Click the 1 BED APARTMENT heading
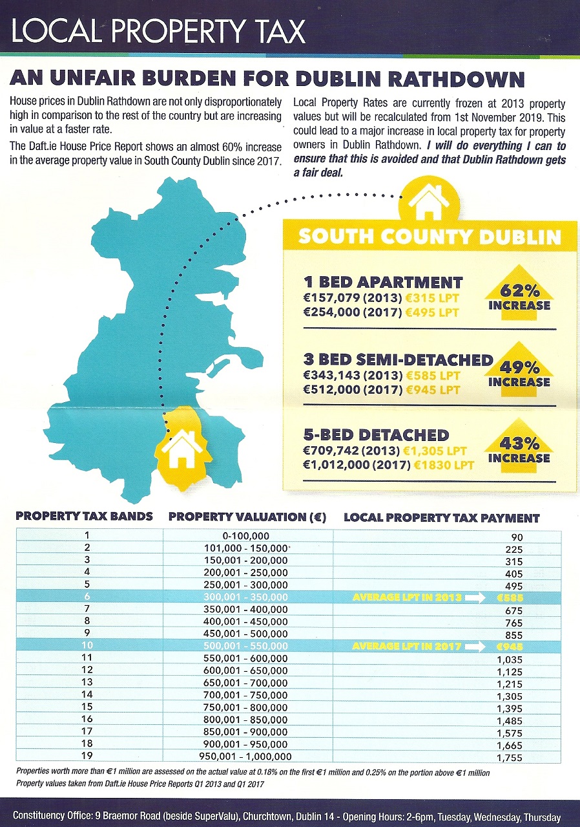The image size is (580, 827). coord(383,282)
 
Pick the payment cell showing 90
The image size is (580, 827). coord(517,537)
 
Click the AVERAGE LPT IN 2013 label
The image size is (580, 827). coord(407,597)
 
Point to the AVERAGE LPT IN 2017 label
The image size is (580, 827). coord(407,646)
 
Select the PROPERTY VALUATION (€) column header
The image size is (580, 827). coord(247,517)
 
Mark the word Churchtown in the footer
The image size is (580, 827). coord(268,816)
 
